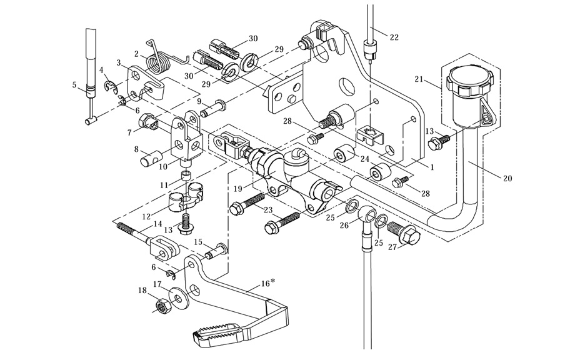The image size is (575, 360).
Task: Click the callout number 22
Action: coord(393,37)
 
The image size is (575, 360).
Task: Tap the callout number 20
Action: coord(507,178)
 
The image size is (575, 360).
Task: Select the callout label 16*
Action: coord(267,283)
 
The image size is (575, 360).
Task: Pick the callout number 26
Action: coord(344,226)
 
